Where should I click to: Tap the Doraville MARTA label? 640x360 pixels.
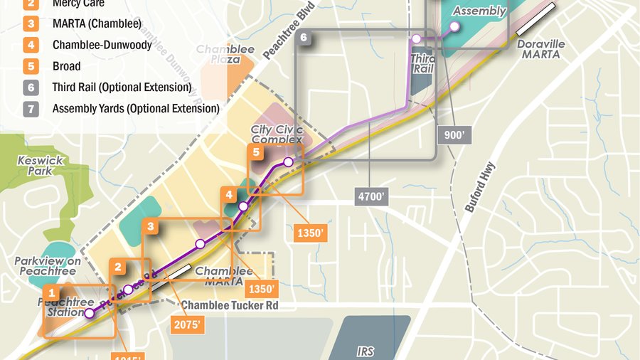click(540, 49)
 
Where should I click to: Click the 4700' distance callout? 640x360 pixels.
click(371, 196)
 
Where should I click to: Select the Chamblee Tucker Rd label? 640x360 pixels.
click(229, 305)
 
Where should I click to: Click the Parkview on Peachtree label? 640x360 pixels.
click(44, 266)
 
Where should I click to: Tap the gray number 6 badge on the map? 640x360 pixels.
click(304, 37)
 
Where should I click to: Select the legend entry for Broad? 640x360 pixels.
click(66, 66)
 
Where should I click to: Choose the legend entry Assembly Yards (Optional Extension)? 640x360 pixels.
click(136, 109)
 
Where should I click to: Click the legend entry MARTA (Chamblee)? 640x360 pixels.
click(97, 24)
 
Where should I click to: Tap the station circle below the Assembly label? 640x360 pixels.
click(454, 27)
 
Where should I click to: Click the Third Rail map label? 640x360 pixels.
click(423, 64)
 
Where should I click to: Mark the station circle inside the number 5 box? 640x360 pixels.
click(288, 162)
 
